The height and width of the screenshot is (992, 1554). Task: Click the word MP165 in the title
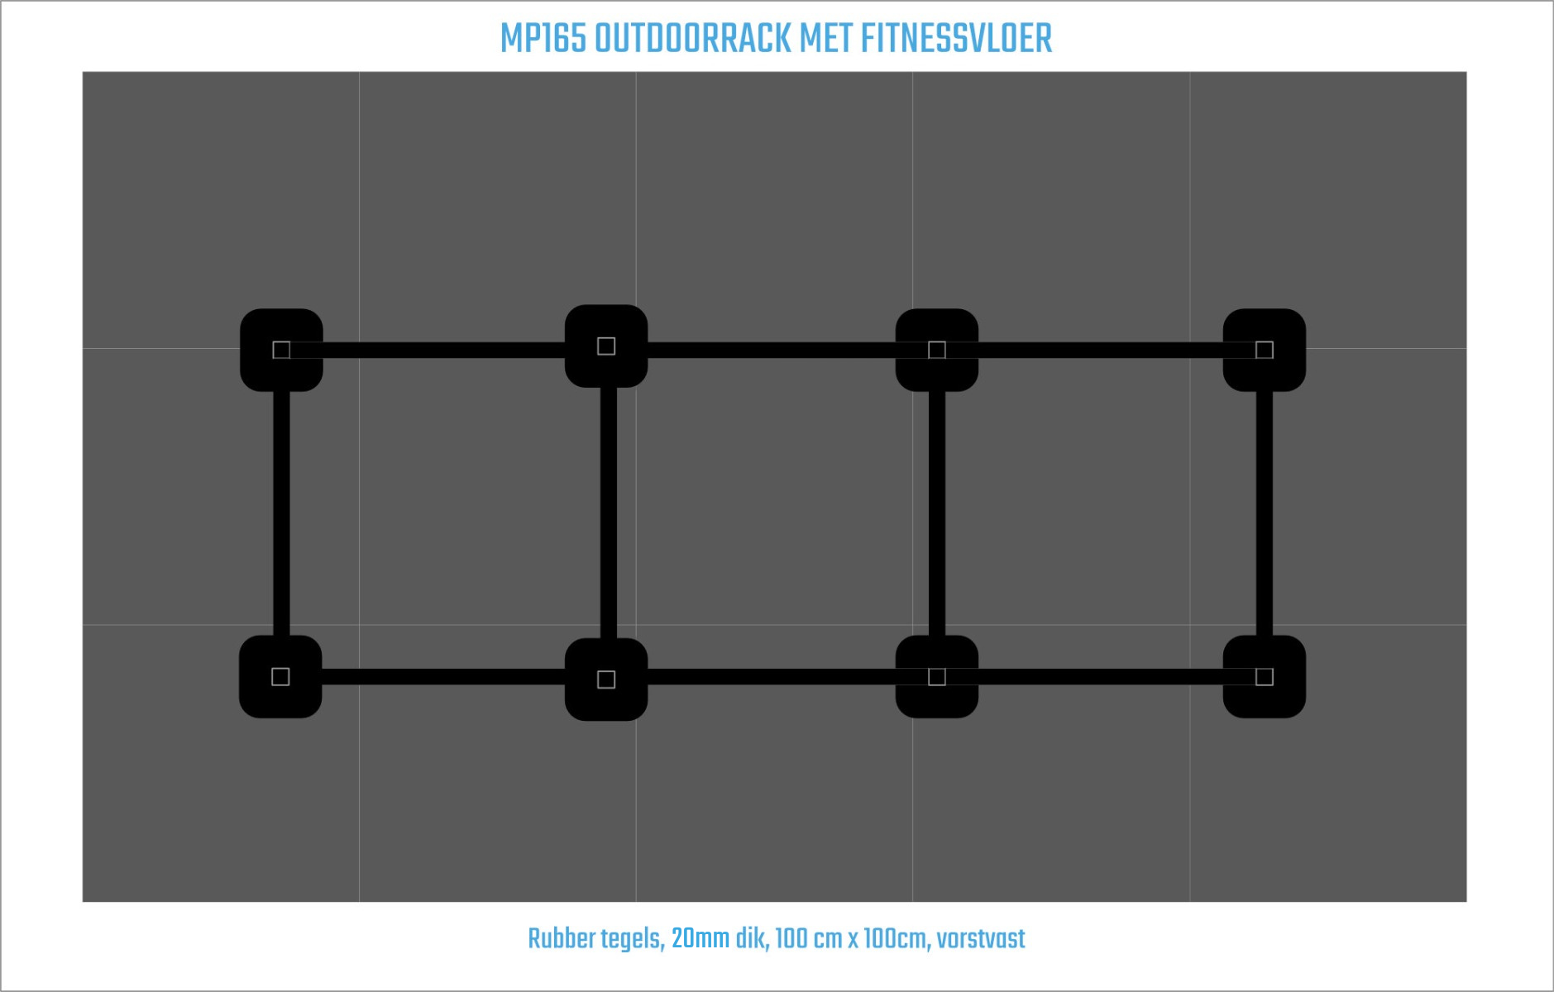pos(543,39)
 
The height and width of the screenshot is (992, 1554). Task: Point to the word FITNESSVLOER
pos(956,39)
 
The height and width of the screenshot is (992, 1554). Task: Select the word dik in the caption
pos(751,939)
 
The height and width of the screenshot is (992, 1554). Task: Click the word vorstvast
pos(981,939)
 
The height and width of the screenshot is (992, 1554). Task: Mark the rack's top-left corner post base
pos(281,350)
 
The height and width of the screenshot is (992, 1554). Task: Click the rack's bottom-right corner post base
pos(1265,676)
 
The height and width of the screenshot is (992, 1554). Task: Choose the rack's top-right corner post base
pos(1265,350)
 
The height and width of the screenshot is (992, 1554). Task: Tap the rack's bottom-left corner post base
pos(280,676)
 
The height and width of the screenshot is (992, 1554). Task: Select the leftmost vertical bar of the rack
pos(281,513)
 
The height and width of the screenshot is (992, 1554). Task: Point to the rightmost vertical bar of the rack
pos(1265,513)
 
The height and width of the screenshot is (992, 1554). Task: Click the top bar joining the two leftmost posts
pos(444,350)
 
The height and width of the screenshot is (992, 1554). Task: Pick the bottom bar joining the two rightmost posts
pos(1101,677)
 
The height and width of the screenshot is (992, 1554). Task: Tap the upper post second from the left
pos(606,346)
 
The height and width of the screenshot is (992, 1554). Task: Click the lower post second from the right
pos(937,676)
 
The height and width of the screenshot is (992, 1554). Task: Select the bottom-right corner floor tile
pos(1328,763)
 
